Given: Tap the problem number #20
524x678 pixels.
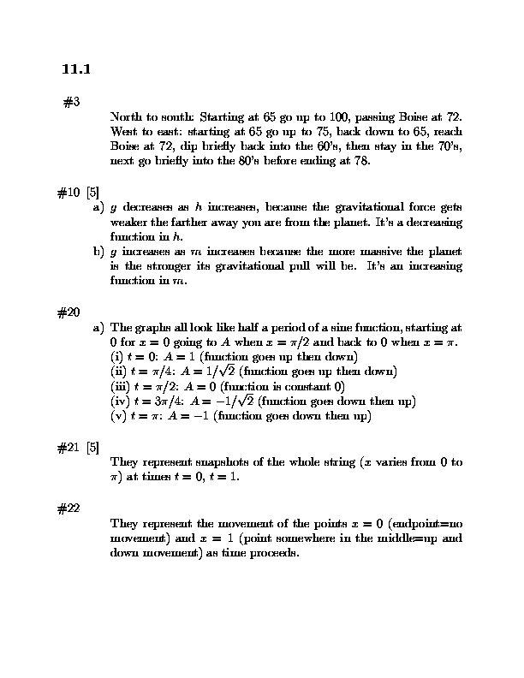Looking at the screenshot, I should click(69, 312).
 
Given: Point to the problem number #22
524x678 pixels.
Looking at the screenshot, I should click(69, 508).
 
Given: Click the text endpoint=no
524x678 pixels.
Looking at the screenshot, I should click(426, 523).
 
